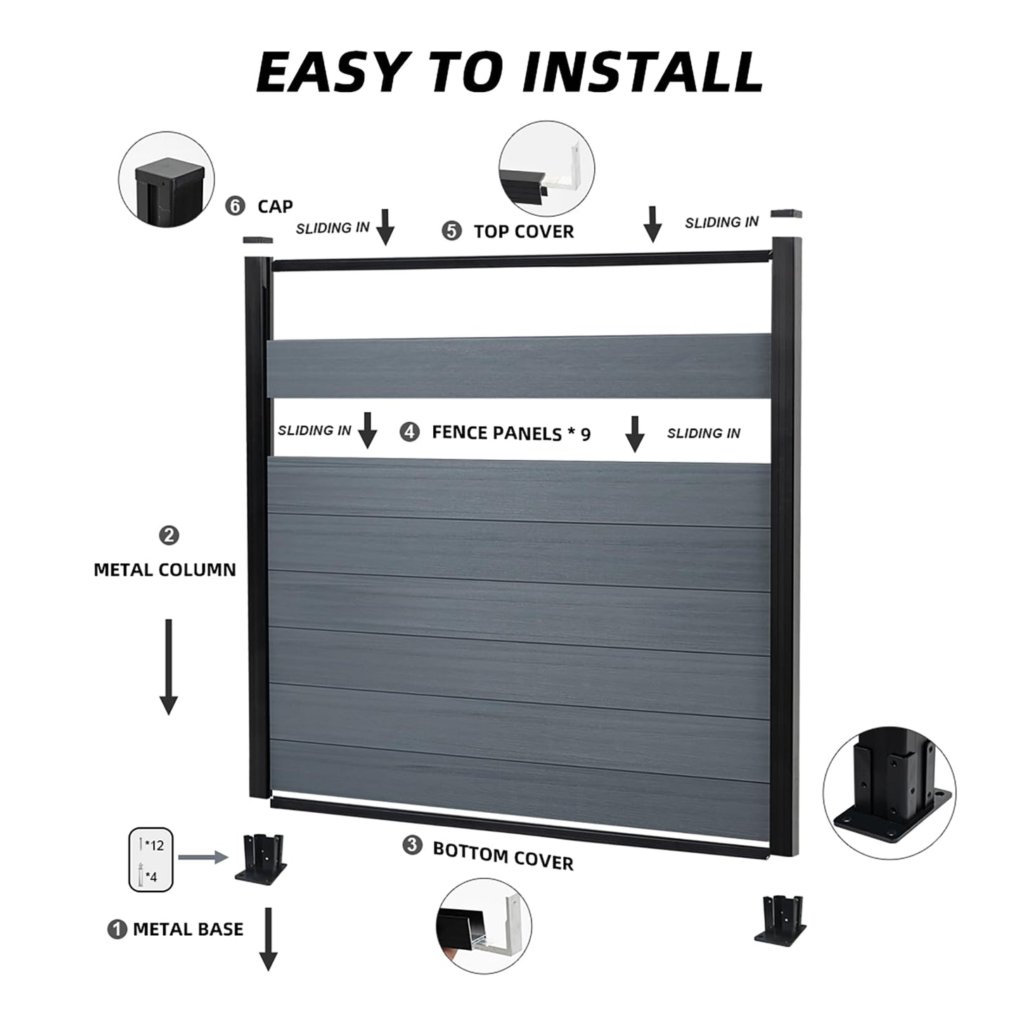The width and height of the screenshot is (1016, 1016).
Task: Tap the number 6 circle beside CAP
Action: pos(235,206)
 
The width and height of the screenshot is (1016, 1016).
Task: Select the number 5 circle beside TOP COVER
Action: pos(451,231)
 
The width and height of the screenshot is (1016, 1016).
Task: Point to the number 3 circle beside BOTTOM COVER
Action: pos(412,845)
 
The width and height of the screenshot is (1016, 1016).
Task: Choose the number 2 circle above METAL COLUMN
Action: pos(169,536)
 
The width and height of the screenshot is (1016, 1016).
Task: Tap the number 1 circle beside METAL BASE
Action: pos(117,929)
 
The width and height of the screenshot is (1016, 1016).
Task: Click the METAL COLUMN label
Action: pos(165,570)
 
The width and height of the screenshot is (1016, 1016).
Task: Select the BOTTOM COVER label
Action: pos(503,856)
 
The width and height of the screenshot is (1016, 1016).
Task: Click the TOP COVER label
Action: pos(523,231)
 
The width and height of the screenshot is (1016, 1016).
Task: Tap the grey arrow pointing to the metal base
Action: pos(203,857)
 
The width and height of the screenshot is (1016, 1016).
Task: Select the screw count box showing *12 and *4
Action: pos(150,859)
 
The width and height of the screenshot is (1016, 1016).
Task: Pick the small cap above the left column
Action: pos(258,240)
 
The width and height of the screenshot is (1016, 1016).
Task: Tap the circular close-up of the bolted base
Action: pos(889,792)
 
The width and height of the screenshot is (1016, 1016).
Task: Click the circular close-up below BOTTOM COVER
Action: pos(483,925)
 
